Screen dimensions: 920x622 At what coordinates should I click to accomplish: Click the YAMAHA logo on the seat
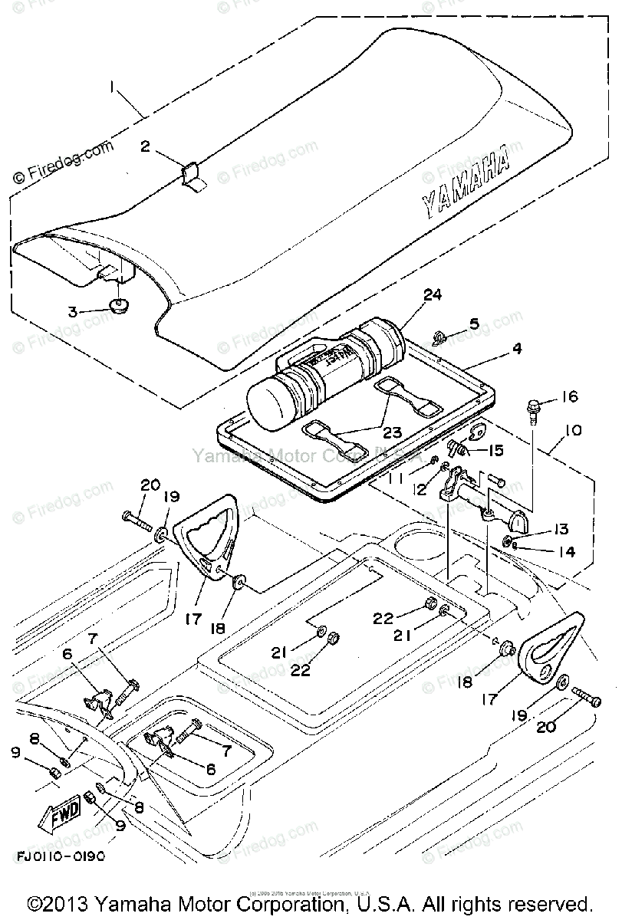click(x=466, y=182)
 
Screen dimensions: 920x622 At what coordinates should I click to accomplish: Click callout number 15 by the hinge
click(x=495, y=449)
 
